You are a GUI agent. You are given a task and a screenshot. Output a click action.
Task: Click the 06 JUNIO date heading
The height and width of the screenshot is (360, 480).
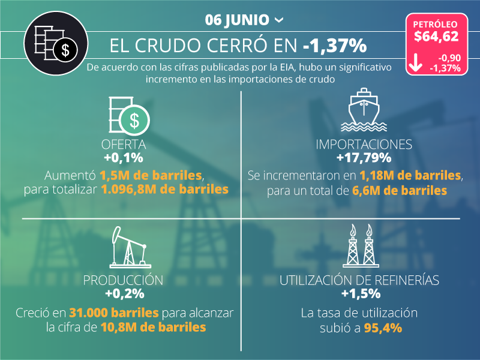coord(236,20)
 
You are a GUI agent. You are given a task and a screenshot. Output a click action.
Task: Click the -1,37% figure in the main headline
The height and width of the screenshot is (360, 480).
coord(335,46)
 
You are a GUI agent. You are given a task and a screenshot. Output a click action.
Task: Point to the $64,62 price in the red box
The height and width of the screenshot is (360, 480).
coord(436,37)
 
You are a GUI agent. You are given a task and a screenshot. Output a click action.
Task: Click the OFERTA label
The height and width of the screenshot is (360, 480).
coord(124,145)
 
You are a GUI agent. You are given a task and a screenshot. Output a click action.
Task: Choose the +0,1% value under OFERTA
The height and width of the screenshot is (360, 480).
coord(124,158)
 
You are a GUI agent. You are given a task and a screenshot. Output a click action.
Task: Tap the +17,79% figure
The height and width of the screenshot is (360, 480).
coord(364,158)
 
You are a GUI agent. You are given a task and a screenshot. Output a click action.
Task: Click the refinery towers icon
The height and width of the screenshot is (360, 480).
coord(361,246)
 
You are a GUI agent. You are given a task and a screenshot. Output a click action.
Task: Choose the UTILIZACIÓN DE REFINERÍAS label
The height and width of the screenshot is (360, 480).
coord(360,280)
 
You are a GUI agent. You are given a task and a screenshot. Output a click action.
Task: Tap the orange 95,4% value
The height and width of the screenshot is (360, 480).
coord(383,328)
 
